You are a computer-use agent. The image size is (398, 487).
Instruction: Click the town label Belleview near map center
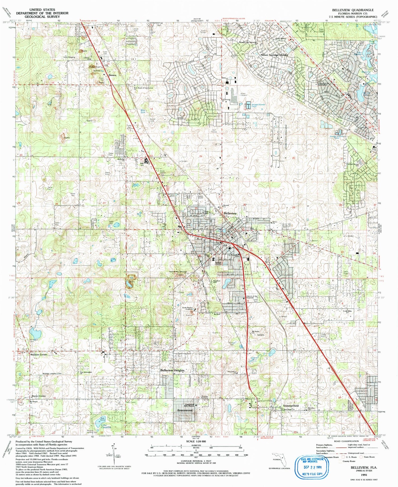pos(230,213)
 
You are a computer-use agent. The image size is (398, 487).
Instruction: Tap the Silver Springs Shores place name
pos(274,55)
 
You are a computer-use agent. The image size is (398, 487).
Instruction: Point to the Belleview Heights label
pos(172,370)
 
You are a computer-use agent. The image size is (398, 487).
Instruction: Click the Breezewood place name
pos(185,410)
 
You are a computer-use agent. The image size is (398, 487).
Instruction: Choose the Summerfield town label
pos(291,406)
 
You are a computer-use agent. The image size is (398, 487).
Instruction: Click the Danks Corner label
pos(39,396)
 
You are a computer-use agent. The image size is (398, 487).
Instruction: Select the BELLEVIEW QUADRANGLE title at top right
pos(353,10)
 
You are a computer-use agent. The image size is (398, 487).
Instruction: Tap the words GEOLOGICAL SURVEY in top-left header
pos(42,16)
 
